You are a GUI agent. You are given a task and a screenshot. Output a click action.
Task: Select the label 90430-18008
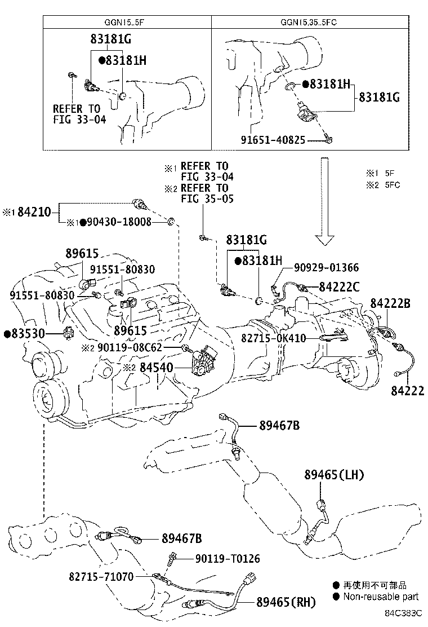(x=118, y=222)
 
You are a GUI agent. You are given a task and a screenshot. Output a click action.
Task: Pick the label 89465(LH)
(x=335, y=475)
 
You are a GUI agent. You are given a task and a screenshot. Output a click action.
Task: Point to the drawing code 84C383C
(x=403, y=612)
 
